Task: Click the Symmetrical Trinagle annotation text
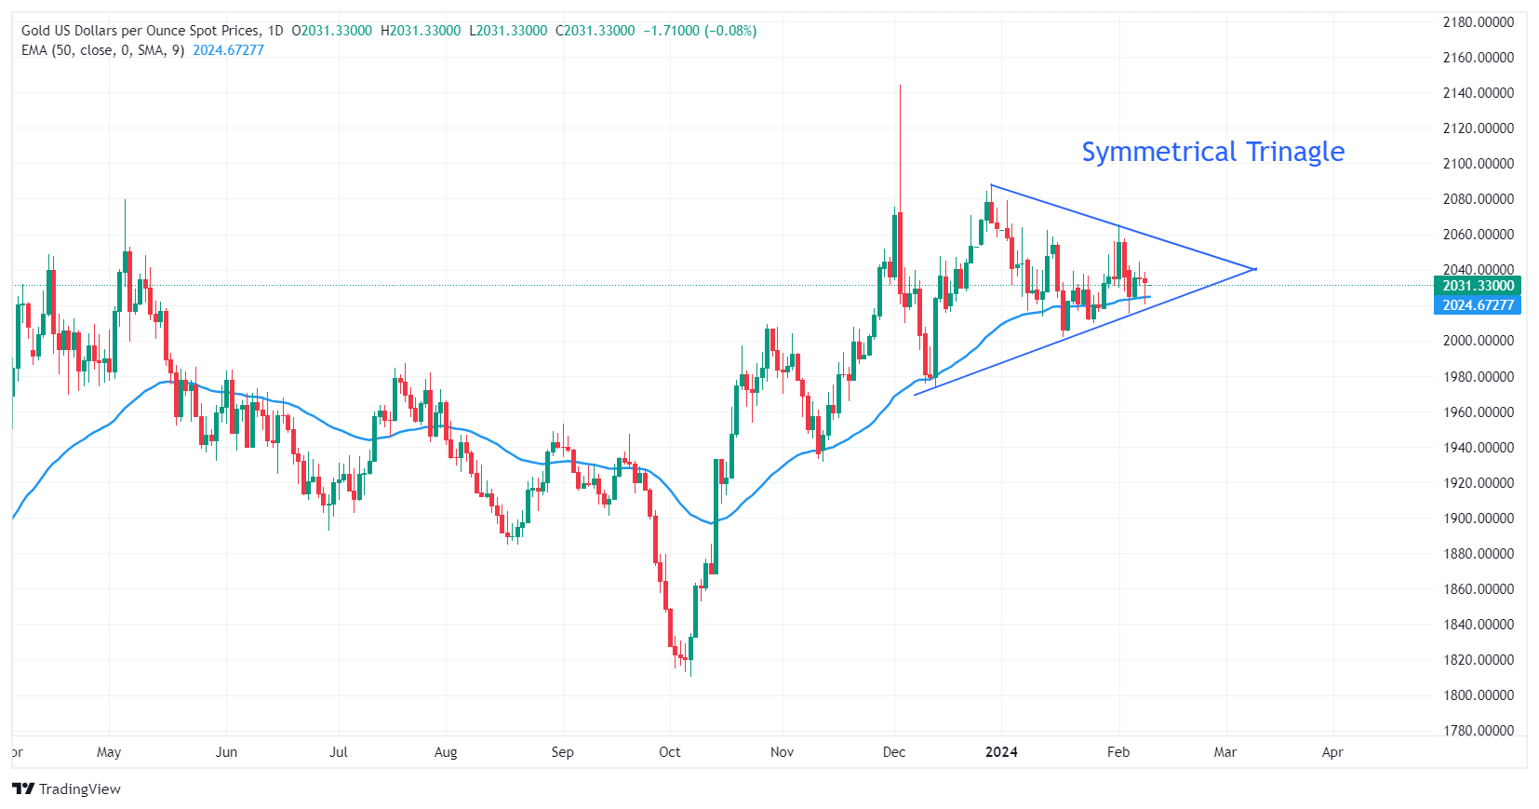1212,152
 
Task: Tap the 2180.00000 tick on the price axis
1478,22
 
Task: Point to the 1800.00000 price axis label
1478,695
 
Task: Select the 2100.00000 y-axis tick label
1478,164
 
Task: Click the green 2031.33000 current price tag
1478,286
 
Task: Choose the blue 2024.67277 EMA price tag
1478,305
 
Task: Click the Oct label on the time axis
670,752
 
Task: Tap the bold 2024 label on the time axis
1001,752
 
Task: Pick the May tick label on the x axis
109,752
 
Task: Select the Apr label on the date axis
1332,752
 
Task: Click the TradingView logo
66,789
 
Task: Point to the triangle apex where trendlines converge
1256,269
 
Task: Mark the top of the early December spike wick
900,86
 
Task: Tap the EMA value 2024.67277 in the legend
228,50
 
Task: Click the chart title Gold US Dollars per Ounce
140,31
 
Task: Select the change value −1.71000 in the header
671,31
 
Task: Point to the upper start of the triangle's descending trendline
991,185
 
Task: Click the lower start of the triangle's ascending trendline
915,396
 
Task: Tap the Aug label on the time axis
446,752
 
